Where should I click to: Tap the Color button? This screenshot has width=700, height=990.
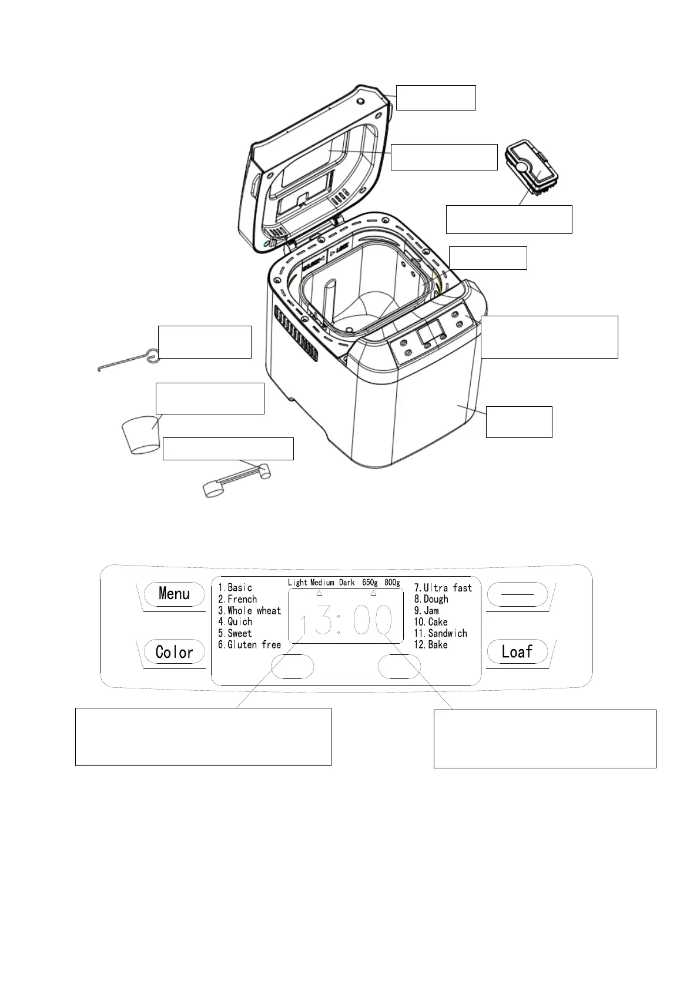point(174,652)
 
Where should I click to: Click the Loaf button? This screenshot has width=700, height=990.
point(517,651)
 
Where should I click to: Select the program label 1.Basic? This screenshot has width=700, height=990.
point(235,587)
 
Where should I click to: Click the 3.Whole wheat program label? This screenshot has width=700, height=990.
point(250,610)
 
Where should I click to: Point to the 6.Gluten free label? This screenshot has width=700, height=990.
point(250,644)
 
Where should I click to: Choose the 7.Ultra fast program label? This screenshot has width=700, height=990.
point(443,587)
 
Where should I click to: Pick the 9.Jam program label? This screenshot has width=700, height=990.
point(427,610)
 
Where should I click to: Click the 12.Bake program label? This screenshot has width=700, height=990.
point(431,644)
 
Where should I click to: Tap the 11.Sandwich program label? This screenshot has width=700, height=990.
point(441,633)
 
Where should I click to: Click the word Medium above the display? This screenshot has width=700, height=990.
point(322,583)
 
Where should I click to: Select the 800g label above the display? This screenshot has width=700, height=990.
point(392,583)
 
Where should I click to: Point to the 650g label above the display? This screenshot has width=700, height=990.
point(370,583)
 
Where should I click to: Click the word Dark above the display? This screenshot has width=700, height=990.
point(347,583)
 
